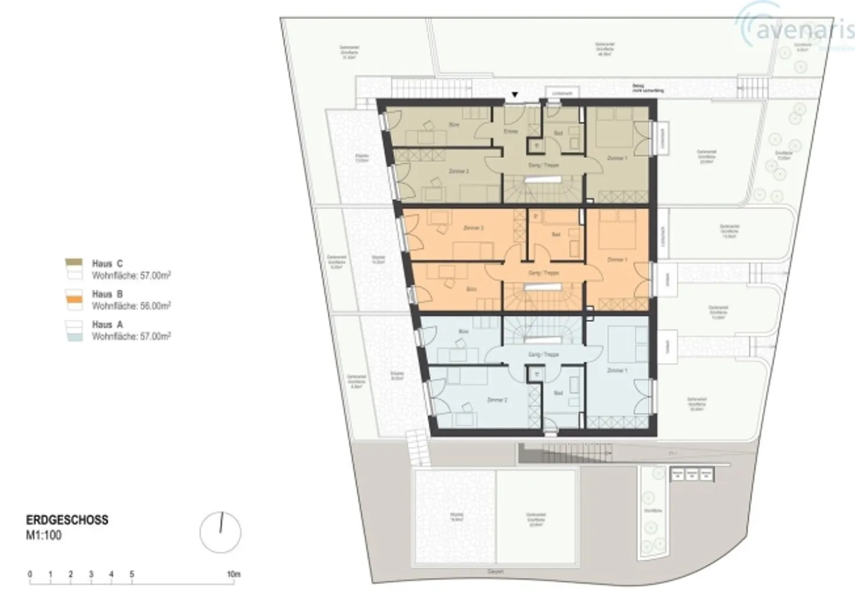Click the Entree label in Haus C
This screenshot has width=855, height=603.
coord(511,131)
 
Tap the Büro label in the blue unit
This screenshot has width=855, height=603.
coord(464,331)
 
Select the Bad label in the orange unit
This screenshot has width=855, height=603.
coord(556,235)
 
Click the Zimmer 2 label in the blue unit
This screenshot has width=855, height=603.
coord(496,400)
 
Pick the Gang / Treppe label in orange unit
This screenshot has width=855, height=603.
coord(543,273)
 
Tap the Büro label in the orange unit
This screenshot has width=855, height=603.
coord(471,290)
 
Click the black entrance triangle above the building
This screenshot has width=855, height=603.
coord(515,95)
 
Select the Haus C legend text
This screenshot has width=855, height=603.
coord(107,264)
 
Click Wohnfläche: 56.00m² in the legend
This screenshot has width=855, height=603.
coord(131,306)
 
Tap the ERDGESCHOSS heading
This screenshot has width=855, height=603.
coord(67,520)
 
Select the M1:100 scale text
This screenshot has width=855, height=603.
coord(44,535)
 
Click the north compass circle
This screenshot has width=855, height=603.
coord(220,532)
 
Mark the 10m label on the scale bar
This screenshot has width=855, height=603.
coord(233,575)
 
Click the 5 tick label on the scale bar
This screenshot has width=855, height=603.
coord(132,575)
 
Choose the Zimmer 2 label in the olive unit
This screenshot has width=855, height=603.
coord(459,172)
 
